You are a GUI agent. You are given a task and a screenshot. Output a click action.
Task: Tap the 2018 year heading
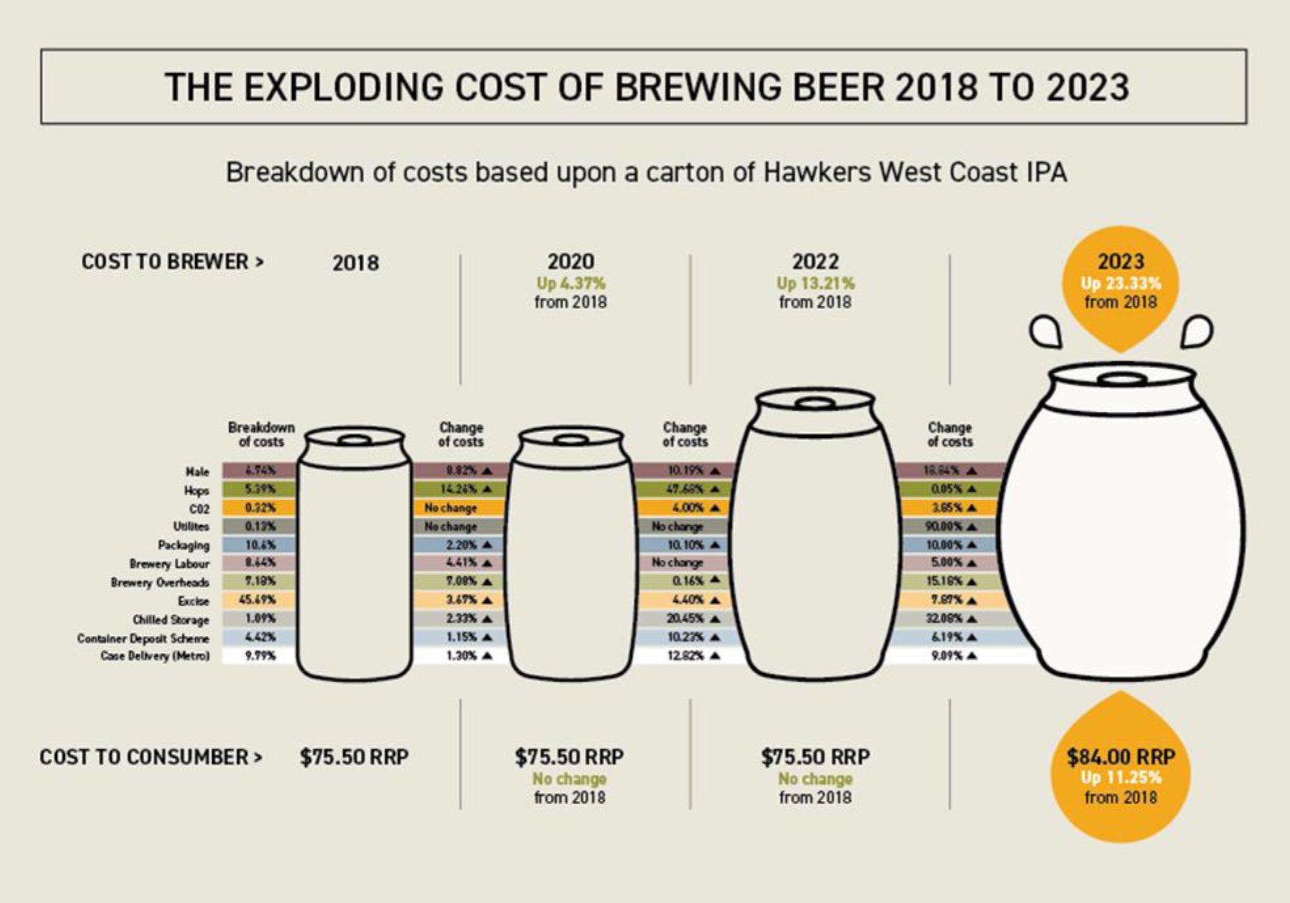(x=356, y=263)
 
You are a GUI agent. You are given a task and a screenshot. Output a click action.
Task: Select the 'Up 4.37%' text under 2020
(x=571, y=284)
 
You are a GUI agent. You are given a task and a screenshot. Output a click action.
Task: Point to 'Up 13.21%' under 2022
(x=815, y=284)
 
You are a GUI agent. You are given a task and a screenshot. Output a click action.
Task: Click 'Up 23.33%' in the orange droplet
(x=1120, y=284)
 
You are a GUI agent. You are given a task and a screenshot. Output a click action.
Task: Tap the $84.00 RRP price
(x=1120, y=757)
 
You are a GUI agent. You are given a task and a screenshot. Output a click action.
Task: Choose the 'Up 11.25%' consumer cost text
(x=1120, y=778)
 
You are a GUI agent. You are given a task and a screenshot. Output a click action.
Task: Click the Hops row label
(x=196, y=490)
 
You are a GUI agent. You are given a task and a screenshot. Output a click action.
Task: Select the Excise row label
(x=193, y=601)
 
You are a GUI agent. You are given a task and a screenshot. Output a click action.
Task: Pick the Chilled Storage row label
(x=171, y=619)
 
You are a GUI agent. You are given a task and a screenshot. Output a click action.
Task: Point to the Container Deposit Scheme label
(x=143, y=638)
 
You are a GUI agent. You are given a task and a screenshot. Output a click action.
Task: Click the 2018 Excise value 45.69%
(x=257, y=600)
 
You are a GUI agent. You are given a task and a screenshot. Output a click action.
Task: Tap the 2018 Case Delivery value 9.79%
(x=260, y=655)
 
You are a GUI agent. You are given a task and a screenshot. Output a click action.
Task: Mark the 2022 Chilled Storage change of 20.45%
(x=685, y=619)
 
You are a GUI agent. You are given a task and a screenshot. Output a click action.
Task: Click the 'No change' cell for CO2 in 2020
(x=451, y=508)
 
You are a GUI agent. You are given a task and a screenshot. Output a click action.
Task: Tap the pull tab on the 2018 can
(x=354, y=439)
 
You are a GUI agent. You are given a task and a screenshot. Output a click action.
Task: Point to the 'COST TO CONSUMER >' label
(x=151, y=757)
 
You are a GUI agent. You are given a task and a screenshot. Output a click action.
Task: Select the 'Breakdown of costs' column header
(x=261, y=434)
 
